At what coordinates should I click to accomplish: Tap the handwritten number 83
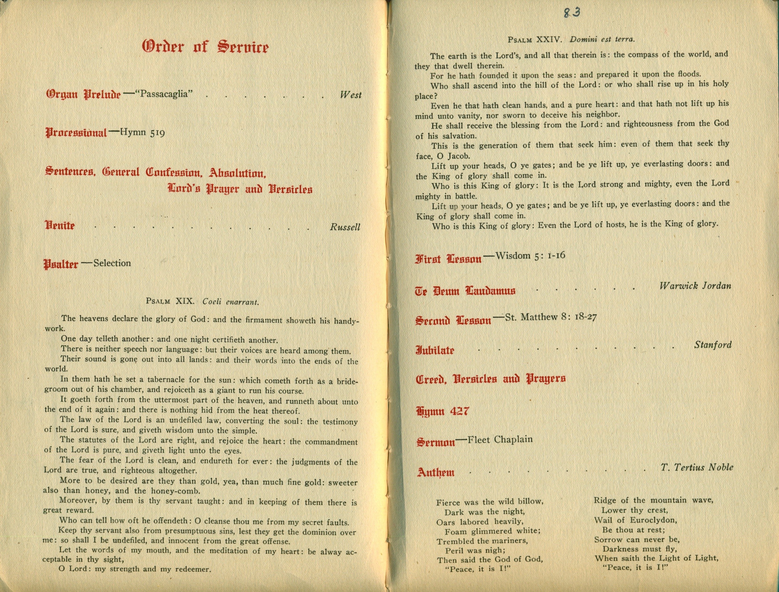[572, 13]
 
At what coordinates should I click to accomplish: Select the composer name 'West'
[351, 95]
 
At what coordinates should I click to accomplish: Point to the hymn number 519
[157, 133]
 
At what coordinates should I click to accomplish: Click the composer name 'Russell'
[345, 227]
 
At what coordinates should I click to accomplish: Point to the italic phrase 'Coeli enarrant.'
[231, 302]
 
